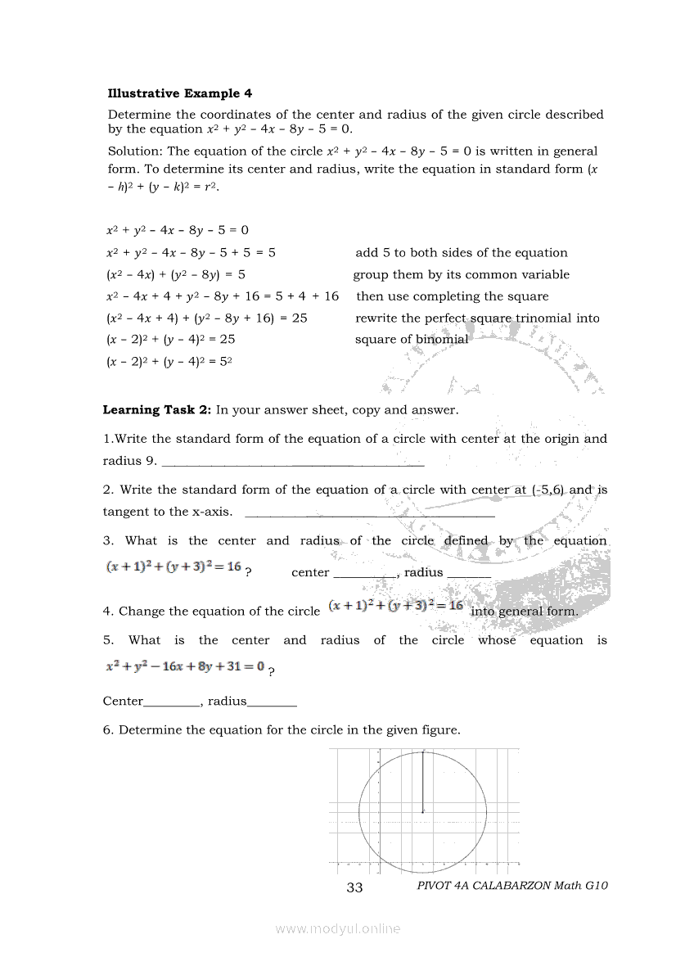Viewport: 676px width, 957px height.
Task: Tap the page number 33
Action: tap(354, 887)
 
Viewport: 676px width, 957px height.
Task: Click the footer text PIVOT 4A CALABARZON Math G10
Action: tap(512, 885)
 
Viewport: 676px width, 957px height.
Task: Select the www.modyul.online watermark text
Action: tap(338, 928)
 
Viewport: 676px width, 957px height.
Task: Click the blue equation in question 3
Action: tap(174, 567)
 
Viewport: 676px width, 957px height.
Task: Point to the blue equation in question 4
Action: tap(396, 606)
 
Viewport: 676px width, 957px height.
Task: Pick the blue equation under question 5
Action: tap(185, 666)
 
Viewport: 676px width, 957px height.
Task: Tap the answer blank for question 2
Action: tap(370, 515)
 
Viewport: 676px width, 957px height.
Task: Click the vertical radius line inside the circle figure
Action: tap(422, 781)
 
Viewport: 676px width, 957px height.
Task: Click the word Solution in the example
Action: tap(135, 151)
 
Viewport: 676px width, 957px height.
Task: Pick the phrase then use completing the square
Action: tap(453, 296)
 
